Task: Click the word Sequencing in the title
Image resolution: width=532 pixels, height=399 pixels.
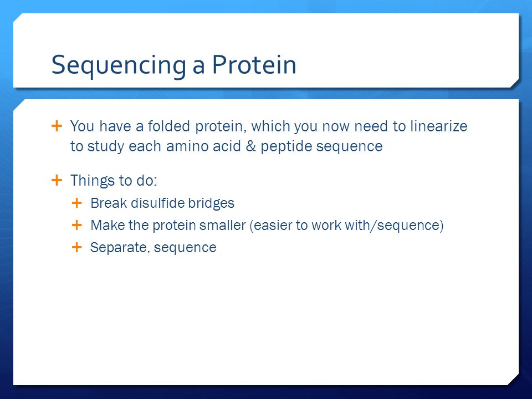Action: pos(119,65)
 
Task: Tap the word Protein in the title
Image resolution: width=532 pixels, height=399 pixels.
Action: pos(254,64)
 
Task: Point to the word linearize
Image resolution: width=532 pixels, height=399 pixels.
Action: pos(439,126)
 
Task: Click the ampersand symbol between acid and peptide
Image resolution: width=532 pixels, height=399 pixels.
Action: pos(250,146)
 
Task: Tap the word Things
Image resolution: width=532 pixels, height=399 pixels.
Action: pos(92,181)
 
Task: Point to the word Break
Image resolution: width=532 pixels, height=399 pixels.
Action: pos(109,203)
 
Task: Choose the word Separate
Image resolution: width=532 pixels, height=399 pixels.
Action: pos(120,248)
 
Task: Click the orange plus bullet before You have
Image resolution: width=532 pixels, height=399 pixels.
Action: pos(57,126)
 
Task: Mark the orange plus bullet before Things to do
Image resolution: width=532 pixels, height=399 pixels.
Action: pos(57,180)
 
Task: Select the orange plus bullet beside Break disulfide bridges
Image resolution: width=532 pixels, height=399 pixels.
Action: pos(77,203)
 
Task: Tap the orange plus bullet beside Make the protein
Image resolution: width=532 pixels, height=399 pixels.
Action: pos(77,225)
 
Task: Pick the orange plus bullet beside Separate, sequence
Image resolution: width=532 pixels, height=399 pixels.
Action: pos(77,247)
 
